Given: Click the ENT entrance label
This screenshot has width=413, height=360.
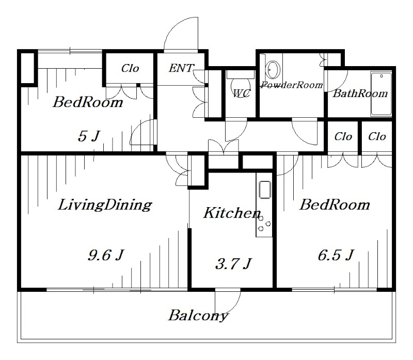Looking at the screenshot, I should point(181,68).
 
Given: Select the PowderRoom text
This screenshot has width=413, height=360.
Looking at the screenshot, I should point(292,85).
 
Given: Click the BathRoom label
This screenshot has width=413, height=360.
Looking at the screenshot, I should point(360,93).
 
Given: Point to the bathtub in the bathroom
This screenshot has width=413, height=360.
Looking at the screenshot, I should point(382,95).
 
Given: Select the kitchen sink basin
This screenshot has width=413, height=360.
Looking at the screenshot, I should point(264,190).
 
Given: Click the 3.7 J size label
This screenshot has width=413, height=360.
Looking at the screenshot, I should point(232,264).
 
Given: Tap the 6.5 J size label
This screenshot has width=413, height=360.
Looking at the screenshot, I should point(335,255).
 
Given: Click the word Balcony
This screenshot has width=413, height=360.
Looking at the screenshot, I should point(198,315).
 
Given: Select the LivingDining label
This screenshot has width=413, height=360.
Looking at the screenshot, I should point(104,205).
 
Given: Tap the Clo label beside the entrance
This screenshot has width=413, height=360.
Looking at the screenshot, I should point(130,68).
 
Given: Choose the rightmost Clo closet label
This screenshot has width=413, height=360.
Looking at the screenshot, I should point(377,137).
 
